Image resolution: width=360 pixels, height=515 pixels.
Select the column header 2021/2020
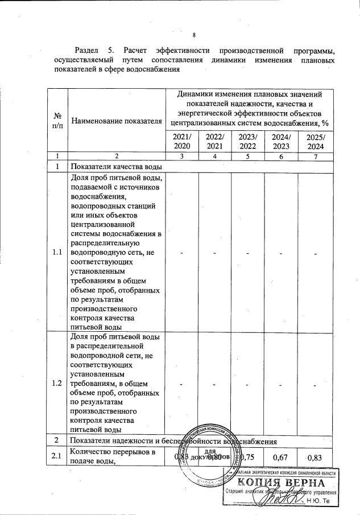[182, 142]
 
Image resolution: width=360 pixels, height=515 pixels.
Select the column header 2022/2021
[215, 142]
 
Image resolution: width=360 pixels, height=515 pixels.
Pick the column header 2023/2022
[248, 142]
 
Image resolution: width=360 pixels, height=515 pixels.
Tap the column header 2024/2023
[281, 142]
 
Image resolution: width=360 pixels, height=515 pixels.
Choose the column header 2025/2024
[315, 142]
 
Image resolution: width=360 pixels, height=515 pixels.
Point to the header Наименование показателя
[117, 121]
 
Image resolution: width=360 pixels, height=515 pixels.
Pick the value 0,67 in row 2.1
[281, 456]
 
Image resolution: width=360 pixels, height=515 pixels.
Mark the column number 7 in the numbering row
[315, 156]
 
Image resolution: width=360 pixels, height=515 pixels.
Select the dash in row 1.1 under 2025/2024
[315, 253]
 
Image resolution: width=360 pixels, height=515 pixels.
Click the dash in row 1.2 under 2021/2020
[182, 384]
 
